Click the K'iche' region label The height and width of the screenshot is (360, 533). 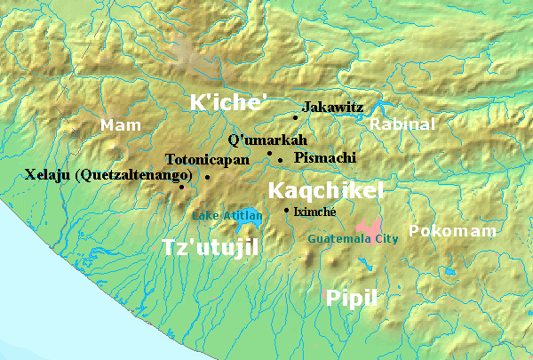(x=228, y=102)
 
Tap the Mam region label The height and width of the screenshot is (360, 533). (x=121, y=125)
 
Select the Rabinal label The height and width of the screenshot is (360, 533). (x=402, y=124)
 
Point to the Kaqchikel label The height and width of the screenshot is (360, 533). (x=325, y=190)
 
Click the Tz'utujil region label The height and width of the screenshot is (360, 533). (x=211, y=247)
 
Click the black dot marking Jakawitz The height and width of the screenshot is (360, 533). (x=296, y=116)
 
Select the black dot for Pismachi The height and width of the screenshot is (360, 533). (x=281, y=160)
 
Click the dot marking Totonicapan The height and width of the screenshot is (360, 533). (x=207, y=177)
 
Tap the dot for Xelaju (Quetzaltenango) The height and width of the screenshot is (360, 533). (x=182, y=187)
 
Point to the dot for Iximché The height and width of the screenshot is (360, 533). (x=286, y=211)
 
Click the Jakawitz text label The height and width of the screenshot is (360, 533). (x=332, y=107)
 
